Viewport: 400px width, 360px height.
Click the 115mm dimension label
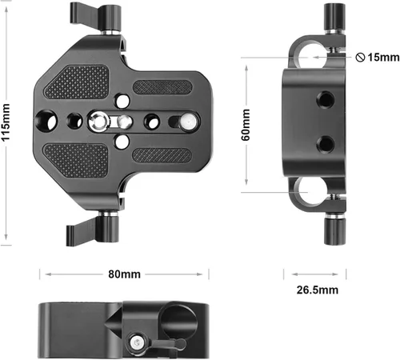click(6, 122)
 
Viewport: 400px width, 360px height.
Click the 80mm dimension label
click(124, 274)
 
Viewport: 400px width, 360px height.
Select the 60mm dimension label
click(246, 125)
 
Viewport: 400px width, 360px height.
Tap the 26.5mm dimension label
click(318, 290)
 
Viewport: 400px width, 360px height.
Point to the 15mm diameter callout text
click(383, 58)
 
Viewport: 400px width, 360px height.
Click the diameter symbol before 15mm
click(360, 58)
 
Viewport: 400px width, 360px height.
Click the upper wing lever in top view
click(83, 13)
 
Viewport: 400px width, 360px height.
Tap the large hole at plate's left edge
click(46, 122)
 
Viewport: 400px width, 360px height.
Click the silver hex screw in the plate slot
click(99, 122)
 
